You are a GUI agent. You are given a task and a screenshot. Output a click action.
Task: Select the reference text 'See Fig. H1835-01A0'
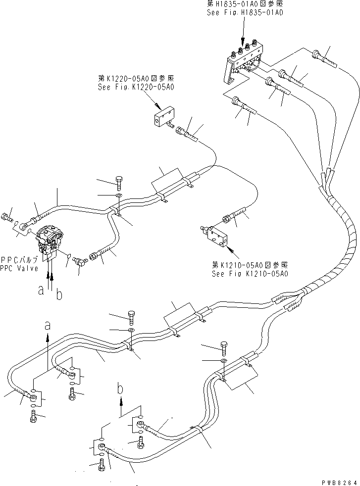click(245, 13)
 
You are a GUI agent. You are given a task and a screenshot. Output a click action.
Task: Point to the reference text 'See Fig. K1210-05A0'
click(250, 273)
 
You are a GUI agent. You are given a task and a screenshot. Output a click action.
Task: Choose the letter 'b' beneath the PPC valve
click(59, 295)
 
